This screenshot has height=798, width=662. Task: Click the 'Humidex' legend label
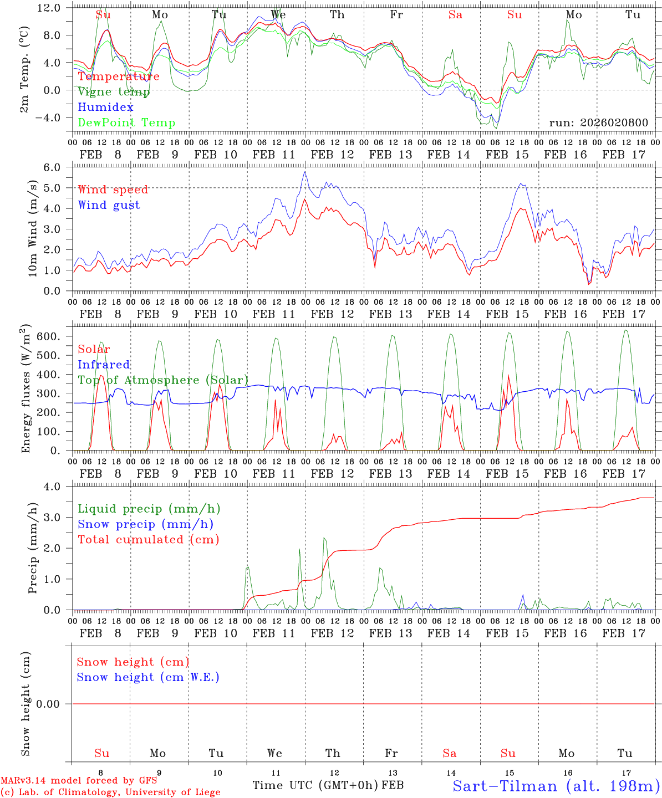[105, 108]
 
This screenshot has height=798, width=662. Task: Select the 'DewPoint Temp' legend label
[126, 123]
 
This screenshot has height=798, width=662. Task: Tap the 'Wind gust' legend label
[109, 205]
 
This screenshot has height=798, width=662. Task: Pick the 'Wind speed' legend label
[113, 190]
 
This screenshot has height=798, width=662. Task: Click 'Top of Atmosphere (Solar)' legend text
[163, 380]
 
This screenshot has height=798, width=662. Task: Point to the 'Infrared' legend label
[104, 365]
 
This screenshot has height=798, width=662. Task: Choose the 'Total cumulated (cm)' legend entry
[149, 540]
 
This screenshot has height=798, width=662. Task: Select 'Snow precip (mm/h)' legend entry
[145, 524]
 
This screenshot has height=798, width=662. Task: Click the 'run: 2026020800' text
[599, 122]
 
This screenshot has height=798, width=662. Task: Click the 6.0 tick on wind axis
[59, 167]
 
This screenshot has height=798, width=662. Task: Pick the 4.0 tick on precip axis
[59, 487]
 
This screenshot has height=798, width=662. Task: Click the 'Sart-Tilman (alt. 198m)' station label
[556, 786]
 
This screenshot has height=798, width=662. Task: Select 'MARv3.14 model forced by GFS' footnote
[79, 781]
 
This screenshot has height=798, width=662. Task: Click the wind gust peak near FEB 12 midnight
[304, 172]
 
